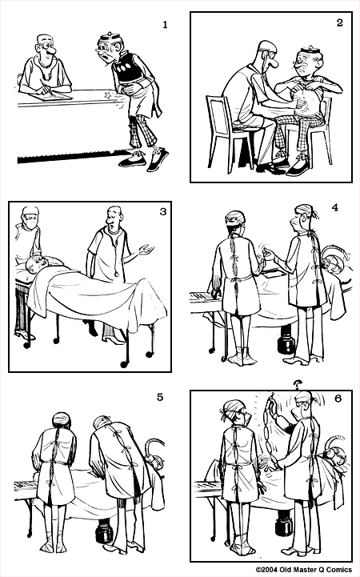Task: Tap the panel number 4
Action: coord(335,207)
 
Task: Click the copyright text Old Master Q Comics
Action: coord(306,570)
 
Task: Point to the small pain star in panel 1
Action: coord(110,96)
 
